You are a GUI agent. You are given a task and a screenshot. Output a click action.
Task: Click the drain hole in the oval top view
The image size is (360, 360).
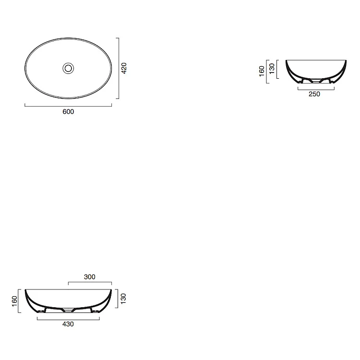[68, 68]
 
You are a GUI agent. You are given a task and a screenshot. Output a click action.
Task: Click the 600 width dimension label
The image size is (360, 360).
[68, 112]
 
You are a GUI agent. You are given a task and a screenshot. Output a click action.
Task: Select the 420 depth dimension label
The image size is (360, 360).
[124, 68]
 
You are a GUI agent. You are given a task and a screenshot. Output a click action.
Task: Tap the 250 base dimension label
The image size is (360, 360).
[314, 94]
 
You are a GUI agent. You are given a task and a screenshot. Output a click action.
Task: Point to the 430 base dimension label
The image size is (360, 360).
[68, 324]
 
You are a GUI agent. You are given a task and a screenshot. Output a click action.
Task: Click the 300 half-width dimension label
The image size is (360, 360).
[90, 277]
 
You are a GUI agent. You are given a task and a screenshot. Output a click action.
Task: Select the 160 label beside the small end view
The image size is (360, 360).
[262, 71]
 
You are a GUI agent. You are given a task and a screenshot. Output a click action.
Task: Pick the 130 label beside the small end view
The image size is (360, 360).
[272, 69]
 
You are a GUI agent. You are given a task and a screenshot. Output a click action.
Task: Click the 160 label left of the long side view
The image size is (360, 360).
[14, 301]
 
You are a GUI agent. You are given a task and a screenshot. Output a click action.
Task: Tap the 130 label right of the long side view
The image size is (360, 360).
[123, 299]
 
